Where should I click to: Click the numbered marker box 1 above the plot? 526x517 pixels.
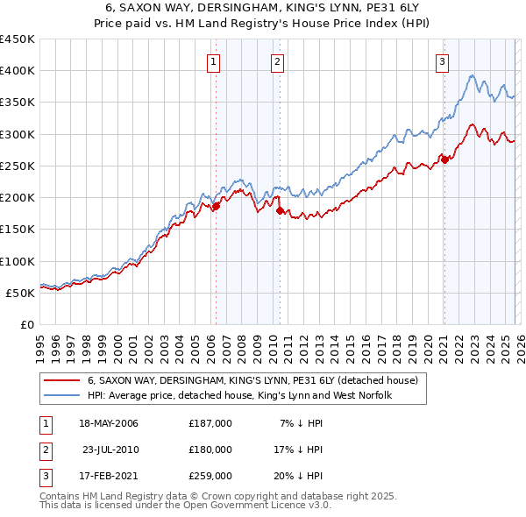215,61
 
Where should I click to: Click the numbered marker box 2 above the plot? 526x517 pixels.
277,61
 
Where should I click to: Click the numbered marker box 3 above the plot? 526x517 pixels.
442,61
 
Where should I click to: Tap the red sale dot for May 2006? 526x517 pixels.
216,206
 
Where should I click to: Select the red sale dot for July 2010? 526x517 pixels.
280,210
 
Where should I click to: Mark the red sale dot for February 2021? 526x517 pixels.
444,159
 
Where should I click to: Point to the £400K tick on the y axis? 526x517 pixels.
18,71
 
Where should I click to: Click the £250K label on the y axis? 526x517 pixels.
18,166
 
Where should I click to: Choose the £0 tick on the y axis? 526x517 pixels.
27,324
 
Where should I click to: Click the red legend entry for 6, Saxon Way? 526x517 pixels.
253,381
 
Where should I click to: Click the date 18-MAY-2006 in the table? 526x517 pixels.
109,423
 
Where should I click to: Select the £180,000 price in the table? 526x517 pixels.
210,450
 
